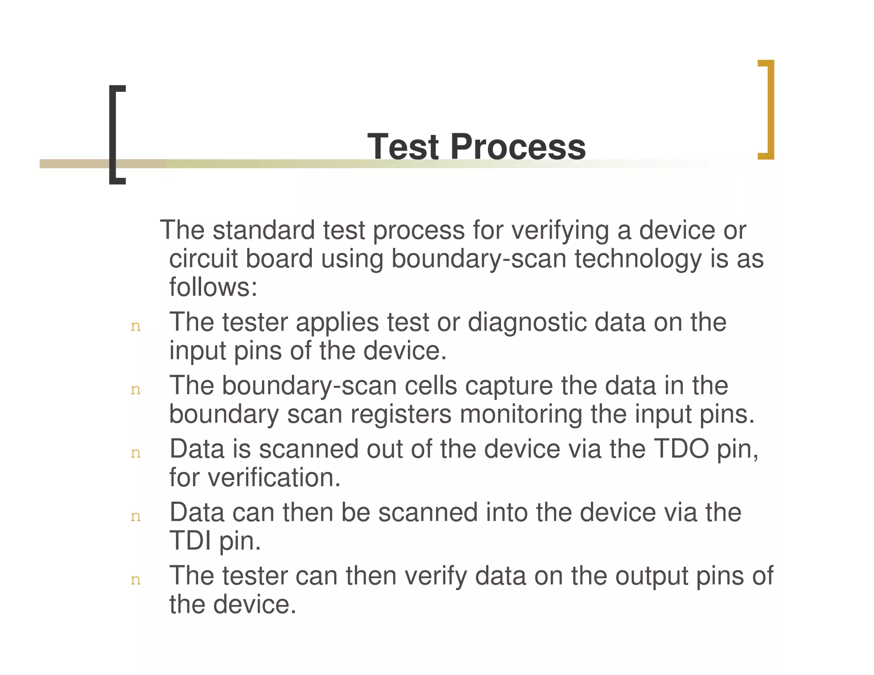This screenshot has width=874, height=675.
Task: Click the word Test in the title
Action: click(403, 147)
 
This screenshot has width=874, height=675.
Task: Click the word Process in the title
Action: click(518, 147)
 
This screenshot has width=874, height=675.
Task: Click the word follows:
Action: click(213, 287)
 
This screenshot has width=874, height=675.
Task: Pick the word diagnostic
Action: click(527, 322)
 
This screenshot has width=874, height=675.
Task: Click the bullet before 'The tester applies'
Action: click(135, 327)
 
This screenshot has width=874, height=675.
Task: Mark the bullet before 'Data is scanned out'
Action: click(135, 454)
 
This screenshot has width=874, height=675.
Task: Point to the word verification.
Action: click(274, 477)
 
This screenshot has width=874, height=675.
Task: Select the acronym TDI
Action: click(190, 541)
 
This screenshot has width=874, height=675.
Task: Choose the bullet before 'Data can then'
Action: click(135, 517)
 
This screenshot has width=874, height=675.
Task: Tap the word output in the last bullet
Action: click(651, 576)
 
